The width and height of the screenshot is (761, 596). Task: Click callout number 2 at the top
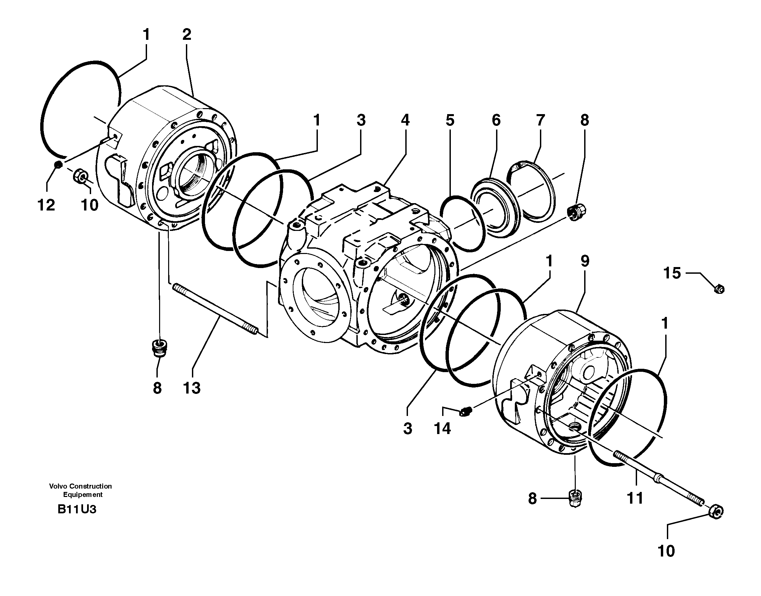coord(187,34)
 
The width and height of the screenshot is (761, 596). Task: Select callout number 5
coord(450,120)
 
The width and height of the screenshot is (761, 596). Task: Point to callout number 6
coord(496,120)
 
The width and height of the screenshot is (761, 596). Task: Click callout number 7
coord(540,120)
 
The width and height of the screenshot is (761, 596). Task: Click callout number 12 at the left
coord(46,205)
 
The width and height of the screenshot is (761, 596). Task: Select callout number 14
coord(442,428)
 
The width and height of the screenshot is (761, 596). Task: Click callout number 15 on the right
coord(672,273)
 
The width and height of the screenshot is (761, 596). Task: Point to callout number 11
coord(635,498)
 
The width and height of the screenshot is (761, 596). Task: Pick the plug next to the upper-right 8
coord(576,212)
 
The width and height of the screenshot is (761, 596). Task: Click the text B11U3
coord(77,509)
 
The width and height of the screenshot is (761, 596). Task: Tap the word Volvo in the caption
coord(58,487)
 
